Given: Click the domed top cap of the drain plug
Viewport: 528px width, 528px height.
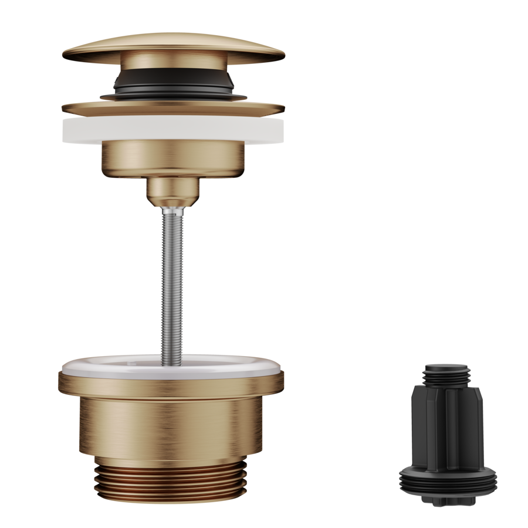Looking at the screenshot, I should click(x=173, y=45).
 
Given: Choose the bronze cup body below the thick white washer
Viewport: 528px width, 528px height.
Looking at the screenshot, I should click(x=173, y=158).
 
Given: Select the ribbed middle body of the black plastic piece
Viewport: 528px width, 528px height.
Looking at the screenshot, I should click(x=447, y=422).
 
